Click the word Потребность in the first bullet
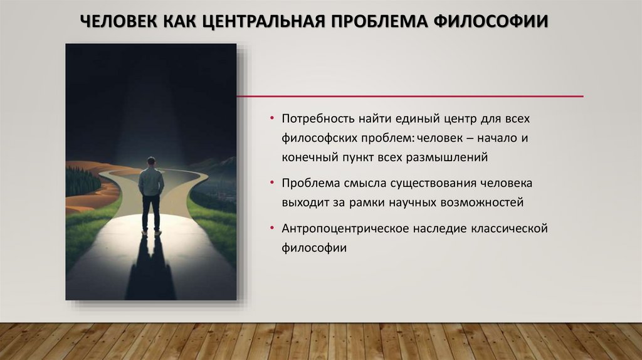click(x=317, y=118)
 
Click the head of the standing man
click(x=151, y=161)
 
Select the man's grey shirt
click(x=151, y=181)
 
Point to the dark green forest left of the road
click(x=81, y=181)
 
